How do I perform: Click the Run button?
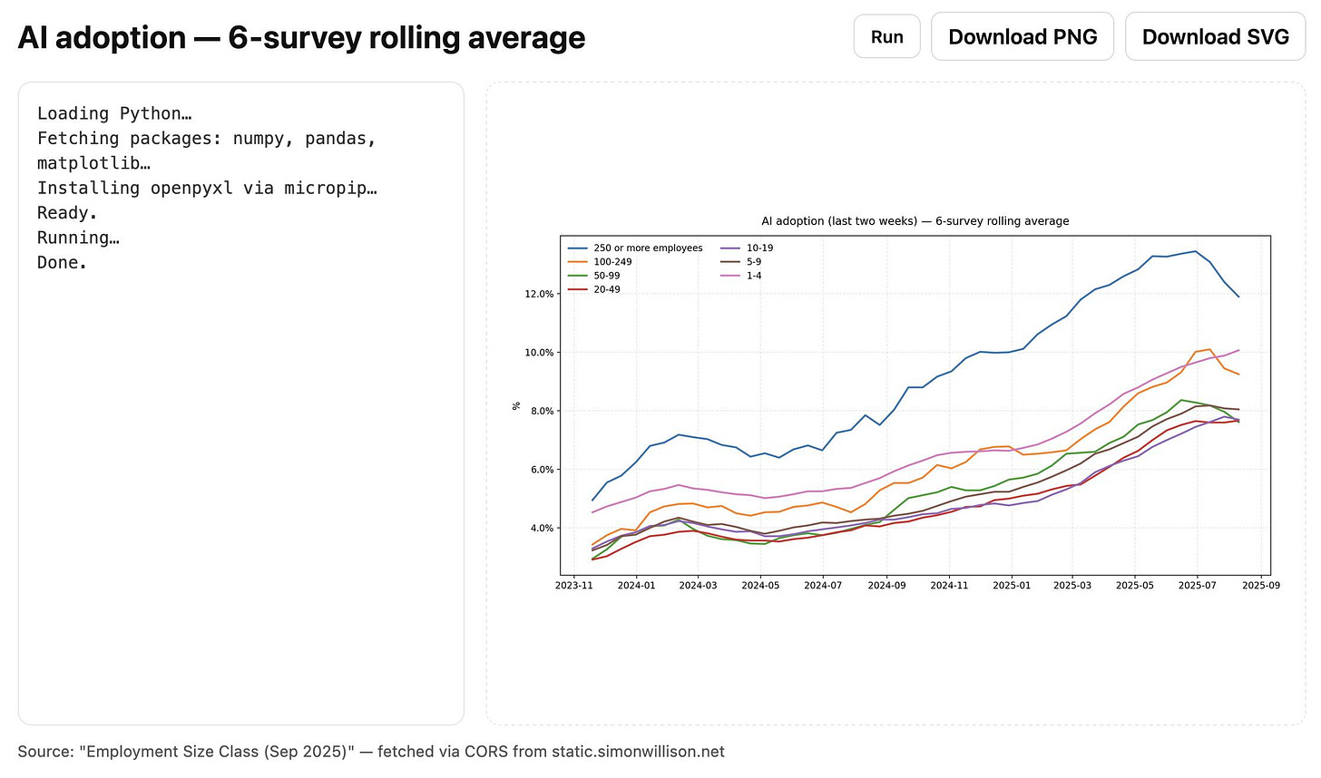coord(886,37)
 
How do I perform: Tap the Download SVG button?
coord(1215,37)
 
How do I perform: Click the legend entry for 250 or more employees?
coord(648,248)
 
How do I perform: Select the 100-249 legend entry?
coord(612,262)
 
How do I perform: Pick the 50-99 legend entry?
coord(607,276)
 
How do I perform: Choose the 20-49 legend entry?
coord(607,289)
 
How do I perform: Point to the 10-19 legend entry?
coord(759,248)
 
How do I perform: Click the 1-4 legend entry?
coord(754,276)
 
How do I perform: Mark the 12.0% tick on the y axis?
coord(538,294)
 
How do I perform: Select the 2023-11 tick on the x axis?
coord(573,586)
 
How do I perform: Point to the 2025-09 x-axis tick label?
coord(1260,586)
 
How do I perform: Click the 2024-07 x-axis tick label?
coord(823,586)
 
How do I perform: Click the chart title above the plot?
coord(915,221)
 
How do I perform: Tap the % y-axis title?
coord(517,406)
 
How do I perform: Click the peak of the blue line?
coord(1195,251)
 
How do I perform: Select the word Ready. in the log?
coord(67,213)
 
